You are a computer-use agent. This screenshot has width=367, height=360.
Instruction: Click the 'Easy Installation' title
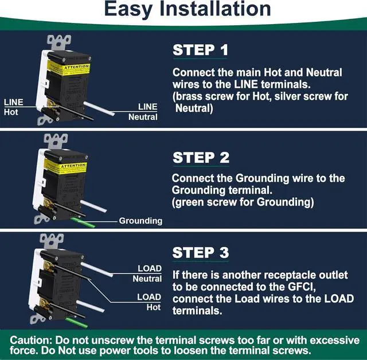pos(188,9)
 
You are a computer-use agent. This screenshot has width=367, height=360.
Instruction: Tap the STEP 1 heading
pos(200,50)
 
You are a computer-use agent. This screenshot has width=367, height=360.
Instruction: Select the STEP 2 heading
pos(201,158)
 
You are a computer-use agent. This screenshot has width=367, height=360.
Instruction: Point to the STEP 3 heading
pos(201,252)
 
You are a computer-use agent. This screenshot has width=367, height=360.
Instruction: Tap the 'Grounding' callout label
pos(140,221)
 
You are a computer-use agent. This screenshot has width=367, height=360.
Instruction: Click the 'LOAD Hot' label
pos(149,302)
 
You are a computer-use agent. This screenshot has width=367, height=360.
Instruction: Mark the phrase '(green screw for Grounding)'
pos(244,202)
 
